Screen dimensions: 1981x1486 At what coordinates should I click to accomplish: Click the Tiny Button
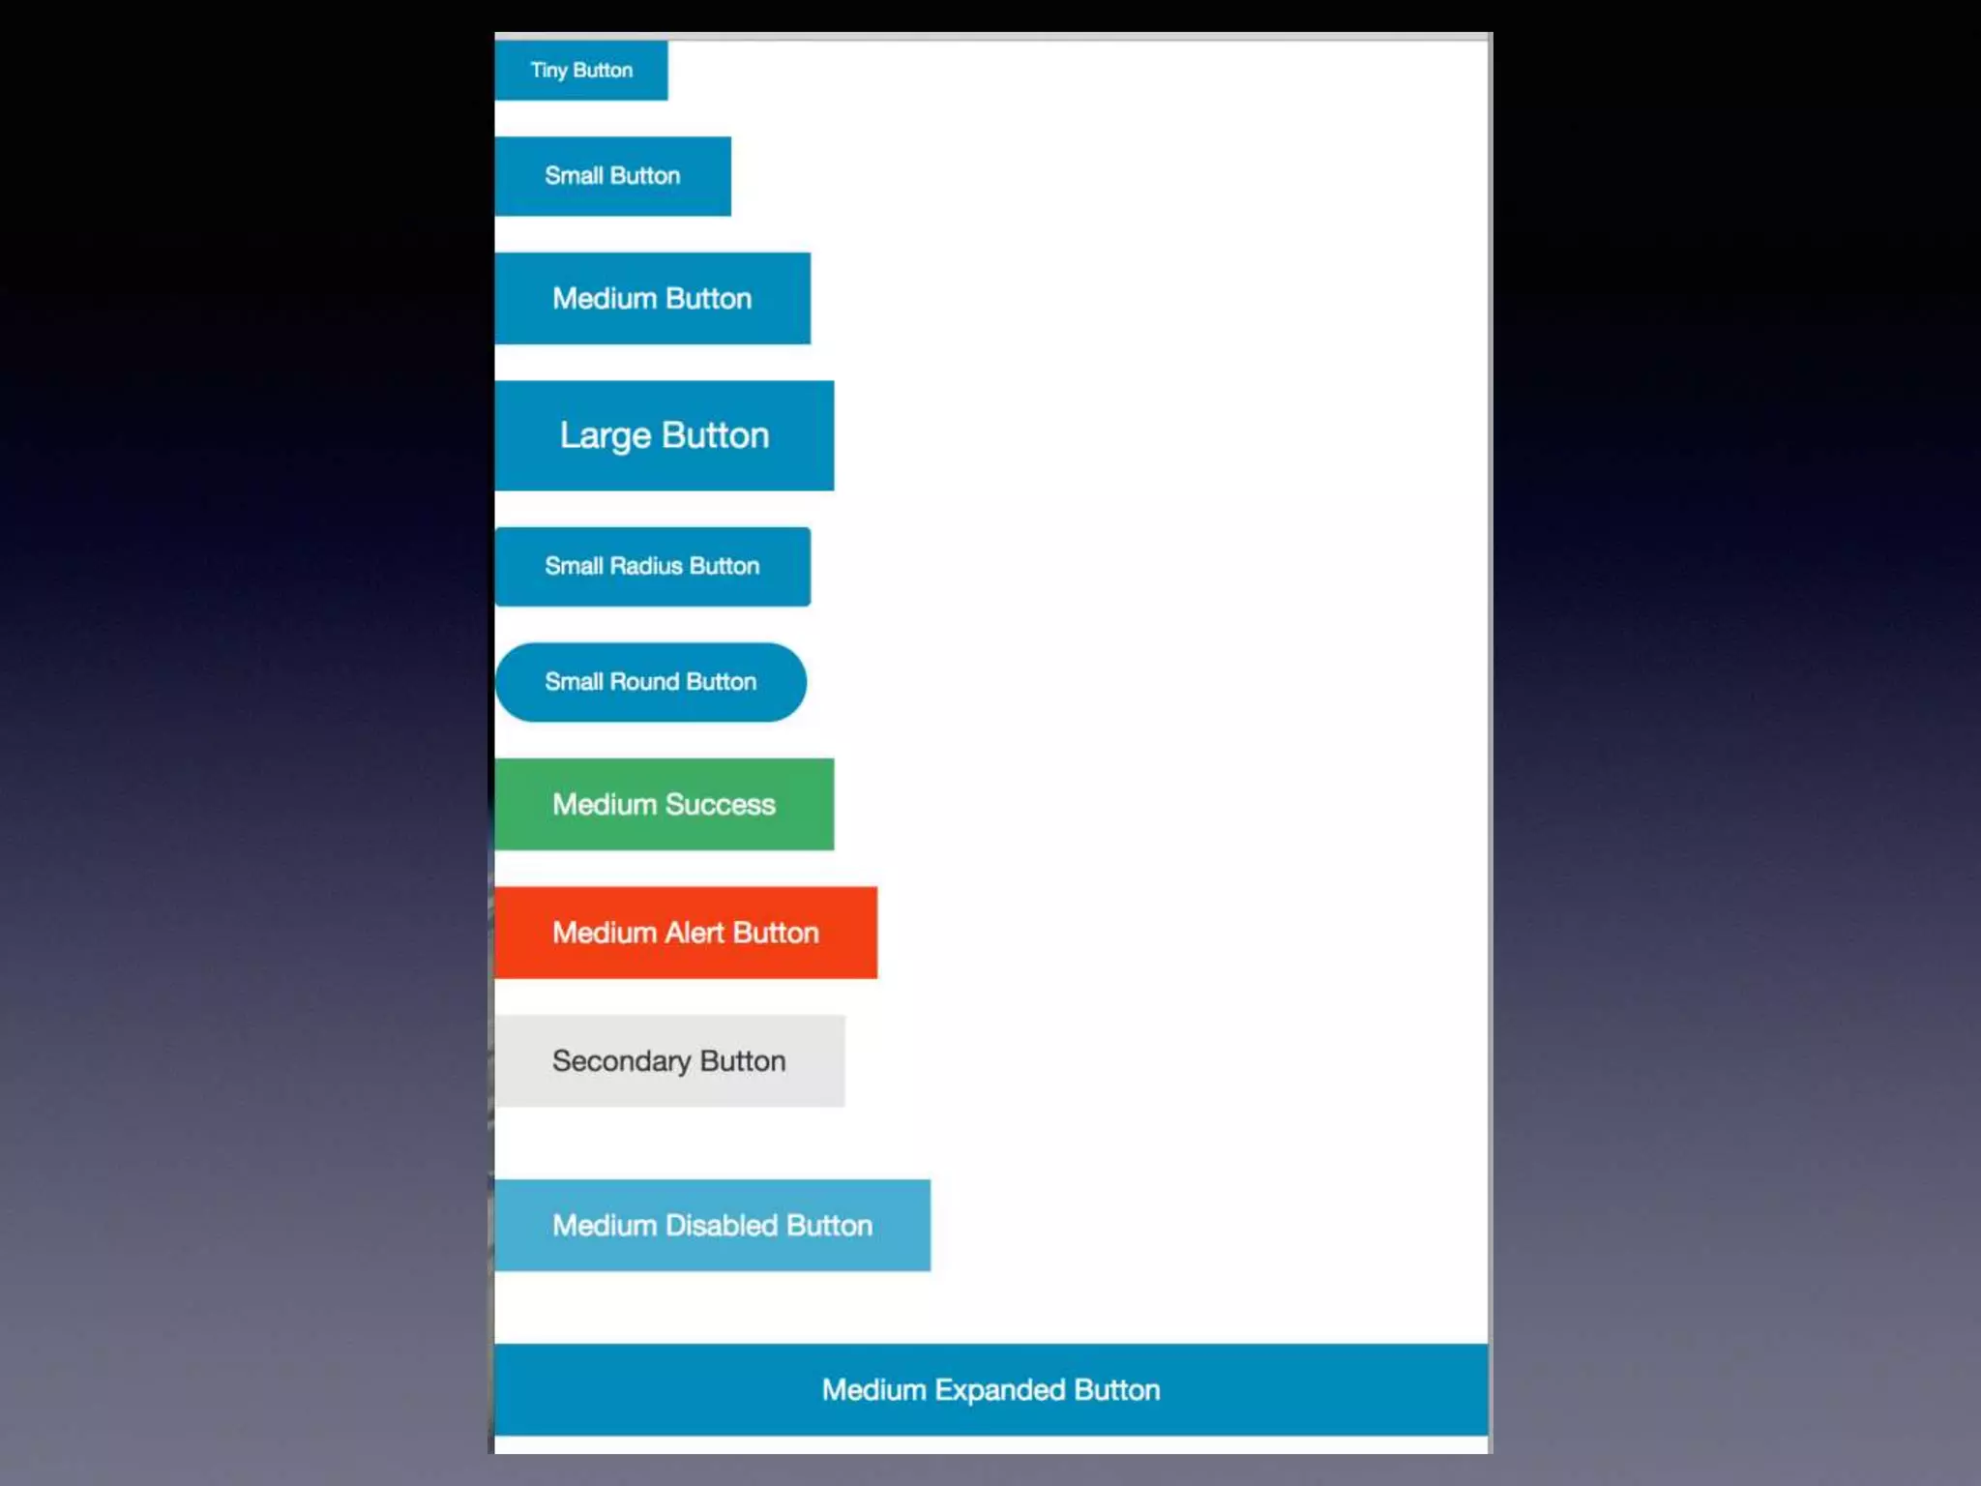pos(580,71)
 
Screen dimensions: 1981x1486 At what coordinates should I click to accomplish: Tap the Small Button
pos(612,176)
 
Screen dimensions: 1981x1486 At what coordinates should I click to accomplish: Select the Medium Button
pos(652,298)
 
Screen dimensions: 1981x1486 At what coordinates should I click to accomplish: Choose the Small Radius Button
pos(652,566)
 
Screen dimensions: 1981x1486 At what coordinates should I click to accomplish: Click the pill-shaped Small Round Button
pos(650,682)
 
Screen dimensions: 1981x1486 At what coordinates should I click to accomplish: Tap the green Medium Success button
pos(664,804)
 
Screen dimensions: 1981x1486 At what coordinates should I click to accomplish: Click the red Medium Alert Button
pos(685,933)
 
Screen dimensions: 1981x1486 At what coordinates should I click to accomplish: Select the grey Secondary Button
pos(668,1061)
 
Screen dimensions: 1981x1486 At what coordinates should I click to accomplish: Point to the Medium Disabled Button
pos(712,1225)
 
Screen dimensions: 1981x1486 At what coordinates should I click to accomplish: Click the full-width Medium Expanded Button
pos(990,1389)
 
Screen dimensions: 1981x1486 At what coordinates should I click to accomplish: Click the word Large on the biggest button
pos(606,436)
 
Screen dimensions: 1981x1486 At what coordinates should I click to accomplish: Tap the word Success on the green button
pos(721,804)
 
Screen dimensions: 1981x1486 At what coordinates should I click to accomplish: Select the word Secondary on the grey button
pos(621,1062)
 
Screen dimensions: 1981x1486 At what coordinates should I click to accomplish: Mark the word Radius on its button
pos(645,566)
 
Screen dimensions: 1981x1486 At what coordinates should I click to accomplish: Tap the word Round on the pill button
pos(644,682)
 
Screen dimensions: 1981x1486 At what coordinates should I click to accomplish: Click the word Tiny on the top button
pos(548,71)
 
